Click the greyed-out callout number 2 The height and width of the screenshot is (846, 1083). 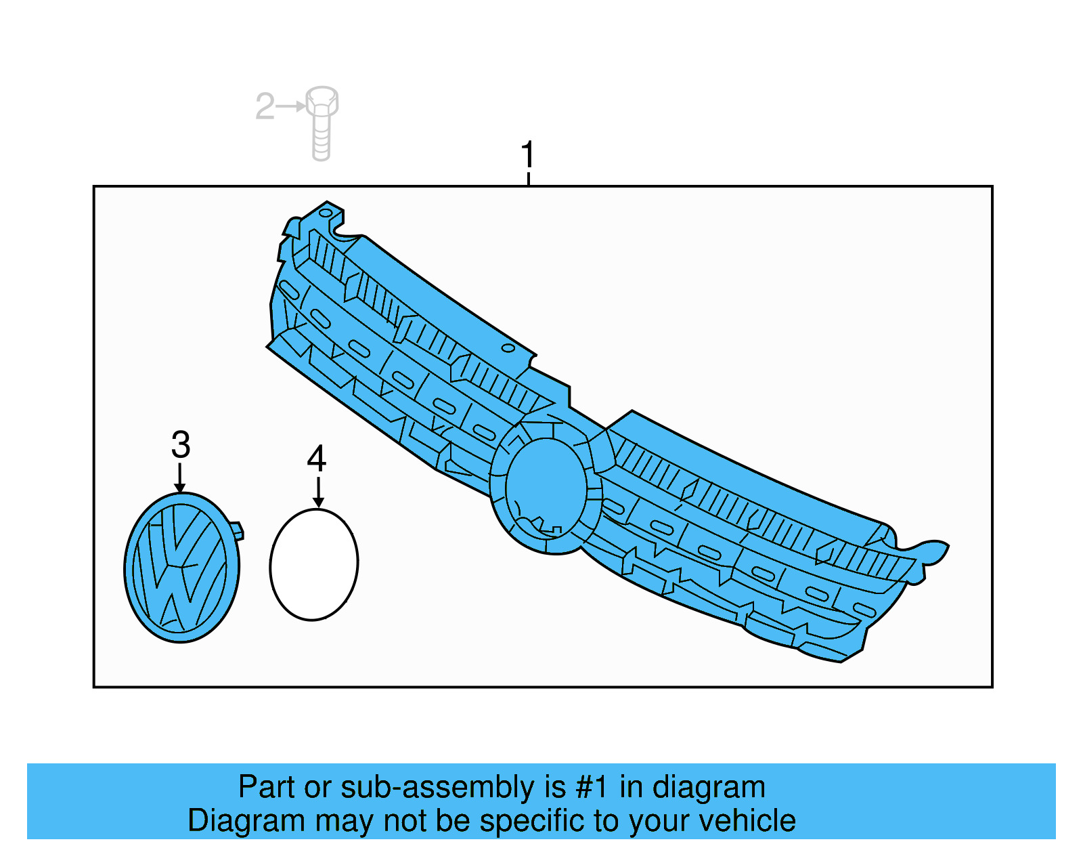click(265, 106)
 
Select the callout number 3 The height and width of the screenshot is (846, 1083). click(181, 444)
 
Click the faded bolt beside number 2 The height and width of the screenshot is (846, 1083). click(322, 124)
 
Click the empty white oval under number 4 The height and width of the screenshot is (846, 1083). click(314, 564)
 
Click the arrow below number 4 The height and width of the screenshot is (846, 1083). click(318, 492)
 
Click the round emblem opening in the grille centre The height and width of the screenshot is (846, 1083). click(546, 488)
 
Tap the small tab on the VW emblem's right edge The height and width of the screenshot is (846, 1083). click(237, 531)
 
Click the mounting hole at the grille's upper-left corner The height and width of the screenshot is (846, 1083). click(325, 213)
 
